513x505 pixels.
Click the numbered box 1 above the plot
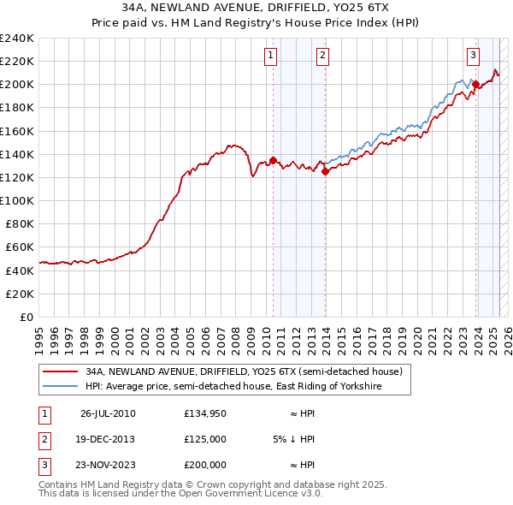(x=270, y=56)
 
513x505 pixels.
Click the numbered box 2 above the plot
(x=323, y=56)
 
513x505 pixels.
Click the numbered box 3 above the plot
(x=473, y=56)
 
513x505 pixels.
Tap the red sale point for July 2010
(x=273, y=160)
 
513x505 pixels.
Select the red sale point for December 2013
(x=326, y=171)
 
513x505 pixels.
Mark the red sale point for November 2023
(x=475, y=84)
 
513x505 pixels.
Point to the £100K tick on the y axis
(x=17, y=200)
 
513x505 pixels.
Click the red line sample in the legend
(x=59, y=372)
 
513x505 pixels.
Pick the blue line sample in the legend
(x=59, y=387)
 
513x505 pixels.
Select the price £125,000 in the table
(x=205, y=439)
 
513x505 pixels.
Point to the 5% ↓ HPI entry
(x=295, y=439)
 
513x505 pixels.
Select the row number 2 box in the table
(x=43, y=439)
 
